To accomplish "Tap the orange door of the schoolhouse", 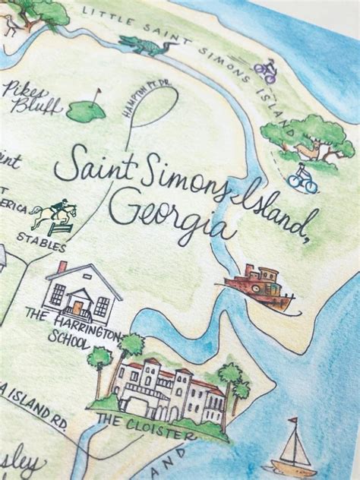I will (77, 308).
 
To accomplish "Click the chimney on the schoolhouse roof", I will (62, 267).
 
